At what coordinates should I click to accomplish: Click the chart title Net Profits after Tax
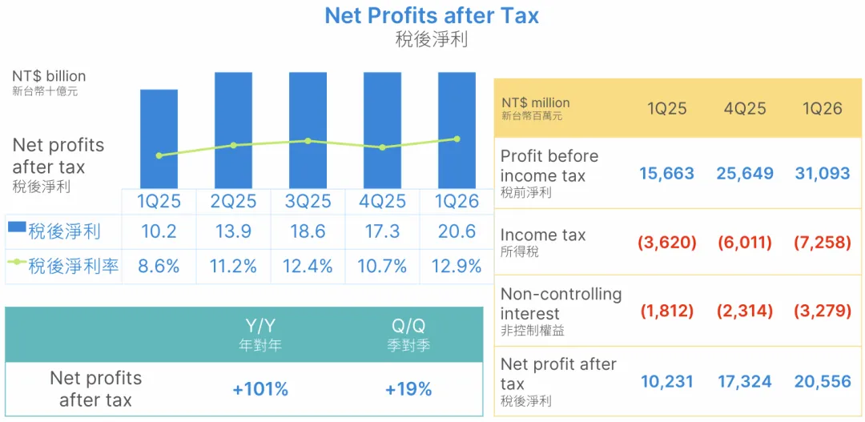click(432, 15)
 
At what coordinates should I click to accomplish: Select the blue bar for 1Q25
click(159, 139)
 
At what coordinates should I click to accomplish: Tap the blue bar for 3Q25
click(308, 131)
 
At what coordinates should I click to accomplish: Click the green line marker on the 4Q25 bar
click(382, 147)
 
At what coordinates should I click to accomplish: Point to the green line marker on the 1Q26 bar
click(457, 139)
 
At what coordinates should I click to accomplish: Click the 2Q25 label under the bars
click(233, 201)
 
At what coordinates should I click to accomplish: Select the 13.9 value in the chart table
click(233, 231)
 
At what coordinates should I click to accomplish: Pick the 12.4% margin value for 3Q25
click(308, 267)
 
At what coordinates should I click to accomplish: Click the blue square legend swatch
click(17, 226)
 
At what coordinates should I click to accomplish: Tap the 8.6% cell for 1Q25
click(159, 267)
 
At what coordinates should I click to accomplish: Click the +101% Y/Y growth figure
click(260, 389)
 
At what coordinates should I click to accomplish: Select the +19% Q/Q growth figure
click(408, 389)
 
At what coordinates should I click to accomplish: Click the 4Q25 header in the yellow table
click(746, 108)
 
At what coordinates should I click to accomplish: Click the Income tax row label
click(543, 235)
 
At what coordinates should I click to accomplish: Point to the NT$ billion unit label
click(49, 76)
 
